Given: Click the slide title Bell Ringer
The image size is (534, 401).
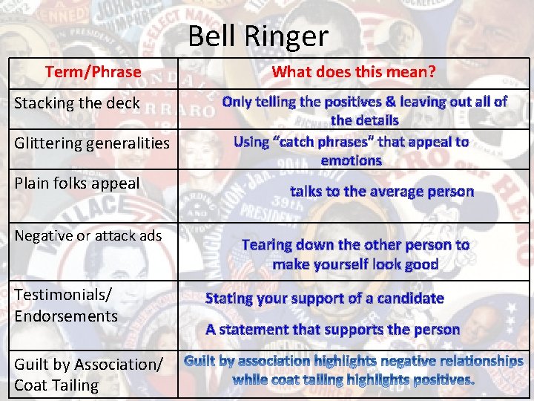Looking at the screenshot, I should (257, 36).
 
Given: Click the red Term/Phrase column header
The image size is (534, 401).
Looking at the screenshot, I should (93, 72).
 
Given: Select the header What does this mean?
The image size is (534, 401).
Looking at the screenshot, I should (354, 72).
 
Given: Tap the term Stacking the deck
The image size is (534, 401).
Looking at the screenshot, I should (77, 103).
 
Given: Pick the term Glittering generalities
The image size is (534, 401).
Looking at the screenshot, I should (92, 143).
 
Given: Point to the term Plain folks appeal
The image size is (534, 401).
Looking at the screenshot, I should (77, 183).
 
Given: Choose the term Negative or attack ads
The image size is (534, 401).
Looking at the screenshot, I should (88, 235).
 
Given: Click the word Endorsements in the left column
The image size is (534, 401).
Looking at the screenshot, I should (66, 316).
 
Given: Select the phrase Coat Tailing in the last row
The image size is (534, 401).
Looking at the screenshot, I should (56, 385).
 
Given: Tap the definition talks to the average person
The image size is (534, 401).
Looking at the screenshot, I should (381, 191).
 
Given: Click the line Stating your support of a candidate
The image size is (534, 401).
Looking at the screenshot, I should (324, 299).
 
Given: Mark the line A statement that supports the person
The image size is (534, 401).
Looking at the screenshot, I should (332, 329).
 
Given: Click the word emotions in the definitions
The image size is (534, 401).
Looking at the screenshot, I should (351, 160).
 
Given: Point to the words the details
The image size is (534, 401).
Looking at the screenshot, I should (364, 120).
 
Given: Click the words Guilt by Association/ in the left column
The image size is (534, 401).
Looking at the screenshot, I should (88, 364).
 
